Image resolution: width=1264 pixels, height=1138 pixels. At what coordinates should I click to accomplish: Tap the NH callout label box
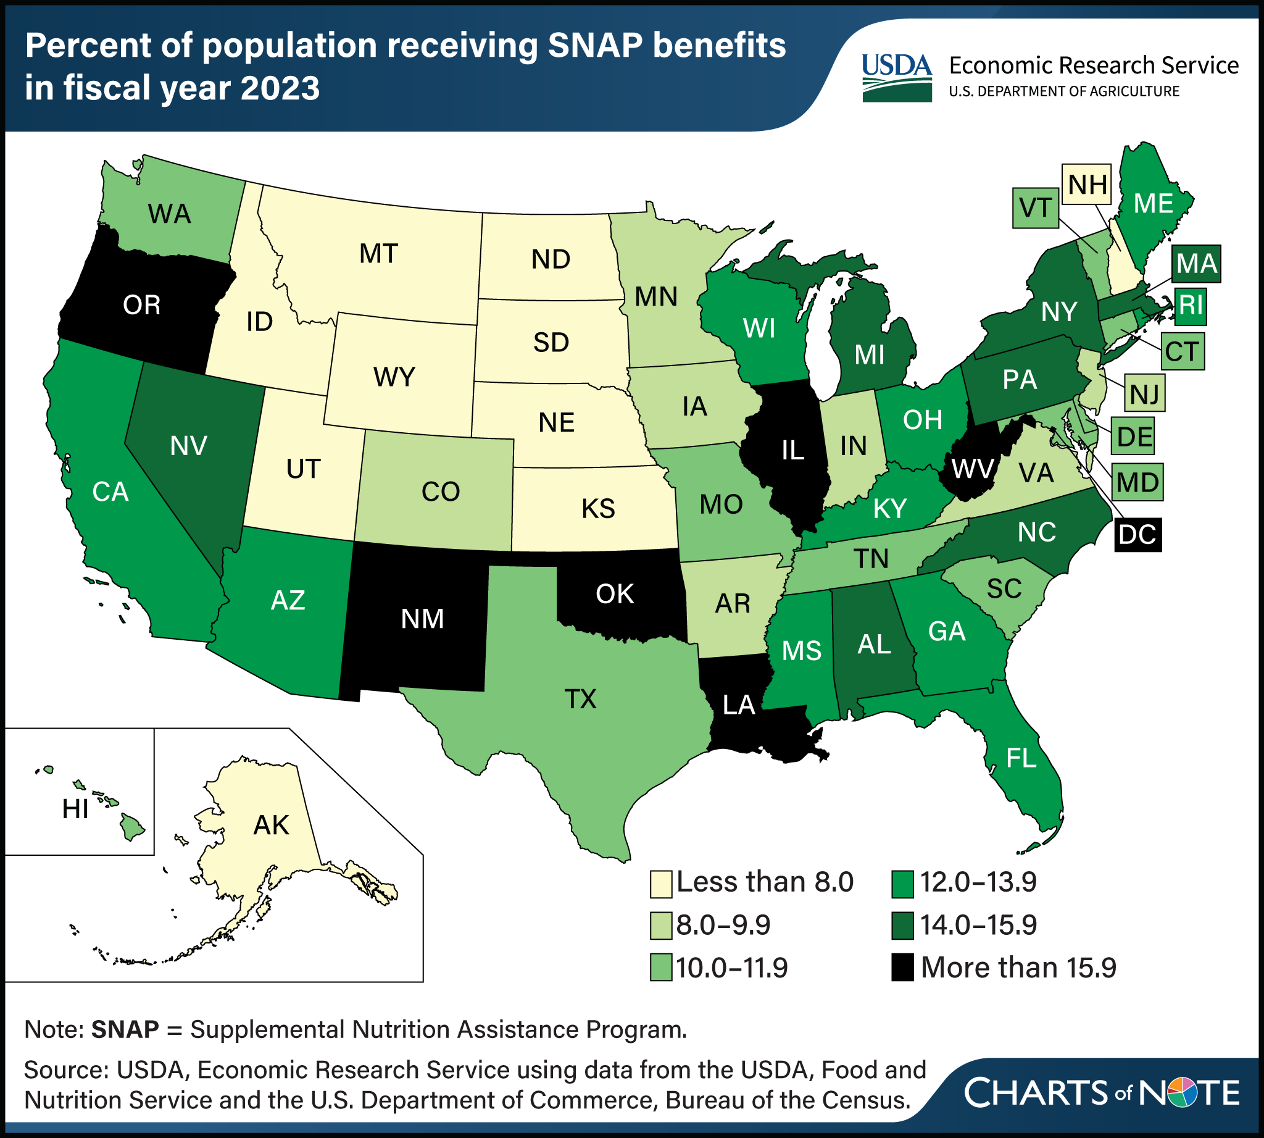pos(1087,185)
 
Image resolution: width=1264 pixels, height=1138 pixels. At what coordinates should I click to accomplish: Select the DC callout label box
pos(1137,535)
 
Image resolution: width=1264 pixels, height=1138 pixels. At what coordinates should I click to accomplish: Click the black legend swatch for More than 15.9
pos(902,968)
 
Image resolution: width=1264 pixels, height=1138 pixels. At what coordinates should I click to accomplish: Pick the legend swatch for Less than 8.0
pos(661,882)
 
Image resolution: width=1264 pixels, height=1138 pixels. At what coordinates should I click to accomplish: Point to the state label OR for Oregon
pos(142,305)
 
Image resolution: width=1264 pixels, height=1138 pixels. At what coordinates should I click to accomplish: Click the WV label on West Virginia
pos(972,467)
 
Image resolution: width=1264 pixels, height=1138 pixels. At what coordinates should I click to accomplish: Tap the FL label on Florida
pos(1021,758)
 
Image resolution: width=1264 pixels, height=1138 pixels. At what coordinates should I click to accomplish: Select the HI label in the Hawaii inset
pos(75,809)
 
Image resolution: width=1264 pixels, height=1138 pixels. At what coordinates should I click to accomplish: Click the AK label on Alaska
pos(271,825)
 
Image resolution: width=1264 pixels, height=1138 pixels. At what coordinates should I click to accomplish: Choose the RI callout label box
pos(1190,306)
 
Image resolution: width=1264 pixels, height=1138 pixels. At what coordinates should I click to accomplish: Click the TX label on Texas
pos(580,698)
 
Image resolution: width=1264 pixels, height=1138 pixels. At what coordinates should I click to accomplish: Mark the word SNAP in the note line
pos(125,1030)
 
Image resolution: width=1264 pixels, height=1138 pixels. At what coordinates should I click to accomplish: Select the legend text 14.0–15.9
pos(978,925)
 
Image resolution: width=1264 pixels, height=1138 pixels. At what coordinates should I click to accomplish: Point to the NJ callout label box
pos(1145,394)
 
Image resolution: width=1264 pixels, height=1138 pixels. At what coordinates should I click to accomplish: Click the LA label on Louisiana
pos(739,705)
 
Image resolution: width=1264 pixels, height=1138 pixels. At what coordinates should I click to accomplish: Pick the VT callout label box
pos(1035,207)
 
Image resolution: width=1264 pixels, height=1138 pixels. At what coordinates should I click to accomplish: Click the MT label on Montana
pos(379,254)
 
